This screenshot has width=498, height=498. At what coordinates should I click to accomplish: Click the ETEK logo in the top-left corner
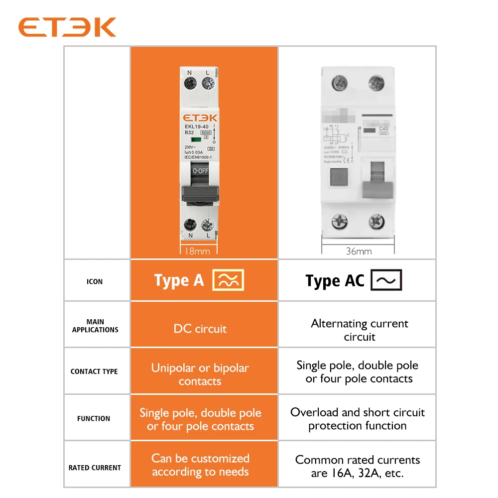point(67,27)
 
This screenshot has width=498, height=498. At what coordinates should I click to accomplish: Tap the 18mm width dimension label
point(197,251)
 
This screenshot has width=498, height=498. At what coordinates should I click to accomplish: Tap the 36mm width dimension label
point(359,251)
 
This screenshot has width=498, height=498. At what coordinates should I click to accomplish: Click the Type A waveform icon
point(229,280)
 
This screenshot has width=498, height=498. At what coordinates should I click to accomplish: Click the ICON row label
point(95,281)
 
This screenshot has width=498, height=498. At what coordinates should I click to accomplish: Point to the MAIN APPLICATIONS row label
point(95,326)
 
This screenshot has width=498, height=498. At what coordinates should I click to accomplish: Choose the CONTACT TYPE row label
point(94,372)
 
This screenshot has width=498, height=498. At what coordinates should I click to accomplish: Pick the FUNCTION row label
point(94,419)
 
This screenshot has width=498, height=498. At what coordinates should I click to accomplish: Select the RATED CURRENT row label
point(95,468)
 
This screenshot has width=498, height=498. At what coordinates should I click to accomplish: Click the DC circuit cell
point(200,329)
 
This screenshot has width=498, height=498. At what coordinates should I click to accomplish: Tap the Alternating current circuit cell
point(359,330)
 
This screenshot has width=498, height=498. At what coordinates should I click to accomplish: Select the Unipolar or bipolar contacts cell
point(200,374)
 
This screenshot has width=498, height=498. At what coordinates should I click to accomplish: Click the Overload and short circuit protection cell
point(358,419)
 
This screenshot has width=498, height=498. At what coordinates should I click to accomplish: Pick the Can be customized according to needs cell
point(200,465)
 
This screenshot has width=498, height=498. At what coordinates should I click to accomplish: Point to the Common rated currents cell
point(358,467)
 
